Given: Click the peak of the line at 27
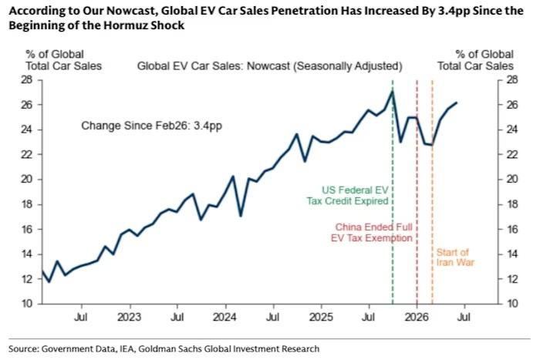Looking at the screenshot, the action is (393, 91).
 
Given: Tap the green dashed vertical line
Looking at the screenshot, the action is (393, 192).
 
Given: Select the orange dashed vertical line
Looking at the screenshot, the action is (432, 192).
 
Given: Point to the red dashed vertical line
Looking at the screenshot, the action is (417, 192).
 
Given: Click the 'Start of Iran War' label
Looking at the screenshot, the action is (455, 257).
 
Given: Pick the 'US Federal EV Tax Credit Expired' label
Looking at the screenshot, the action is (347, 196).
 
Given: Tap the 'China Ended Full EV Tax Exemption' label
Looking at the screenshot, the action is (372, 233).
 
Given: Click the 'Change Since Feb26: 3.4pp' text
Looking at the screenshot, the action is (151, 126).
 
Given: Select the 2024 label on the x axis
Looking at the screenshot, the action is (224, 317).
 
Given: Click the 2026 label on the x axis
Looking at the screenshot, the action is (417, 317).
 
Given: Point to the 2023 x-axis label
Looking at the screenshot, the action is (129, 317).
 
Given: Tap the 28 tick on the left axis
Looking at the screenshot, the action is (26, 80).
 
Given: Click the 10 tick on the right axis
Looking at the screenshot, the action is (512, 304).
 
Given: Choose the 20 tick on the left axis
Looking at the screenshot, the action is (26, 180).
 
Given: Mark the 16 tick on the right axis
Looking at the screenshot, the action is (512, 229).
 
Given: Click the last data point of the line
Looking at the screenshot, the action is (457, 103).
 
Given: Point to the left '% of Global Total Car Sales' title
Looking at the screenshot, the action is (64, 60).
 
